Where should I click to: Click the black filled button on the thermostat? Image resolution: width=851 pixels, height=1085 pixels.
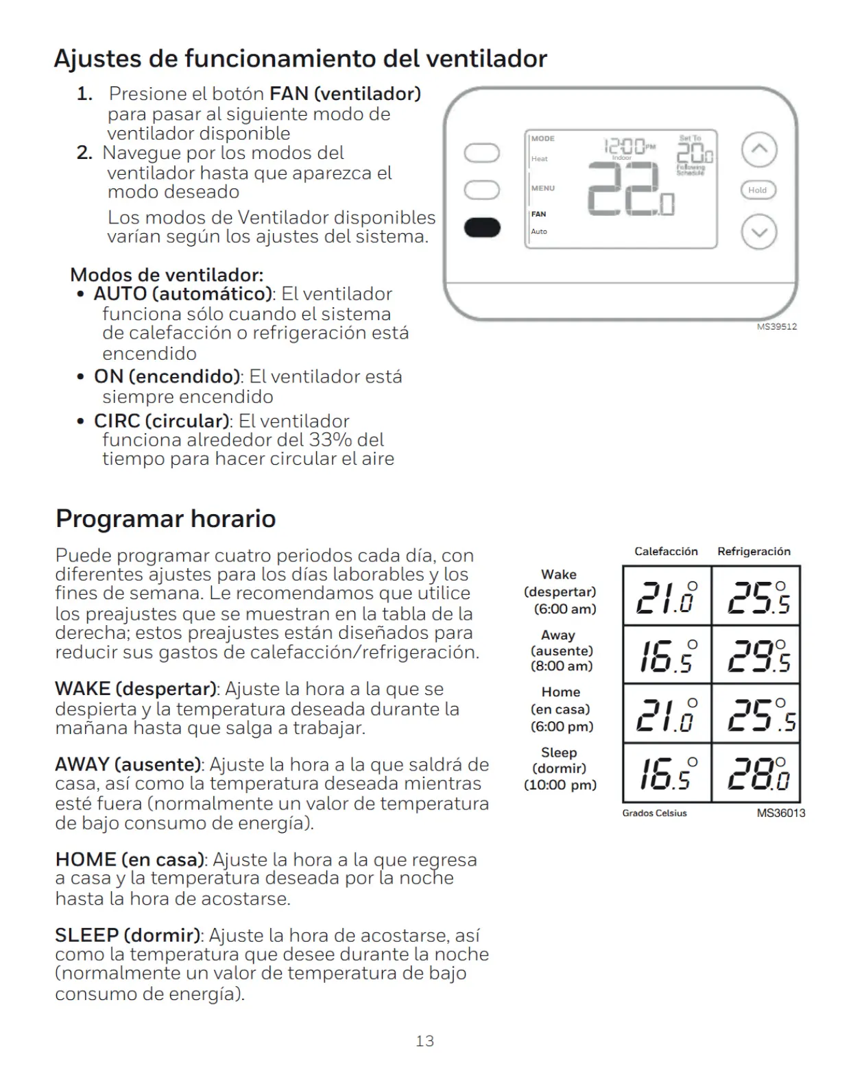point(482,228)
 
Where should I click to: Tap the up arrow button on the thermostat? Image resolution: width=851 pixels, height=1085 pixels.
point(759,149)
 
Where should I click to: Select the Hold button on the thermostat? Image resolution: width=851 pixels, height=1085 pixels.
point(758,190)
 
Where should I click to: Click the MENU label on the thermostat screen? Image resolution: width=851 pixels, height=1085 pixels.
point(543,188)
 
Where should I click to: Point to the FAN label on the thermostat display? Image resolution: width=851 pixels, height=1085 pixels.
point(538,215)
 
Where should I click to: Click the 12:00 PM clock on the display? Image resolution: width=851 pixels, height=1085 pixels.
point(630,146)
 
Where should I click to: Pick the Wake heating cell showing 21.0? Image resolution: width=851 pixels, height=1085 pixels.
point(667,596)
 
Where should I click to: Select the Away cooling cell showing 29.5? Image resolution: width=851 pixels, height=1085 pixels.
point(756,655)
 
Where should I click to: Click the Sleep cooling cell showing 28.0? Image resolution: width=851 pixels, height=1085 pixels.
point(756,773)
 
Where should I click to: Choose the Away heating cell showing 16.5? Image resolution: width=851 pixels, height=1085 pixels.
point(667,655)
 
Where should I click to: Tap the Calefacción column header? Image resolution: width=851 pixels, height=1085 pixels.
point(667,551)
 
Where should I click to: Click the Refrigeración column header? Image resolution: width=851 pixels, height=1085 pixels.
point(754,551)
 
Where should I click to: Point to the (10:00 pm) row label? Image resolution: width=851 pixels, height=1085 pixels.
point(560,785)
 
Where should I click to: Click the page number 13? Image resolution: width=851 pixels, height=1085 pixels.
point(425,1041)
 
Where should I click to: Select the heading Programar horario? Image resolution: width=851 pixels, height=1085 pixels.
point(166,518)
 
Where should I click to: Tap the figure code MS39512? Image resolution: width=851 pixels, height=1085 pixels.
point(776,326)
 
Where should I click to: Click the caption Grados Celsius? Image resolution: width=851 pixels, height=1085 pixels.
point(654,813)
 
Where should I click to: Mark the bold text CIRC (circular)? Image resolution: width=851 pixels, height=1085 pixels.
point(162,421)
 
